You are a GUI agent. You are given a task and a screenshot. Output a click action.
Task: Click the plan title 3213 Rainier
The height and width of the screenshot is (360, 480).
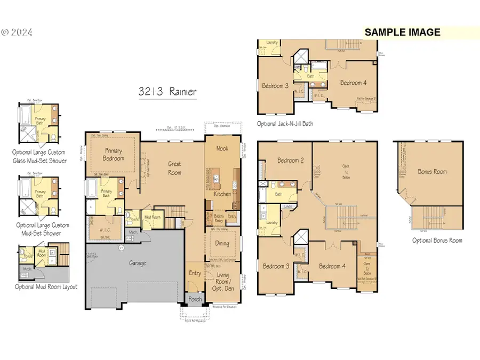pyautogui.click(x=167, y=92)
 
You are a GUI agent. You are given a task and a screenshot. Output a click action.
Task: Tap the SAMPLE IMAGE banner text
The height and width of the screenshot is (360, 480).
pyautogui.click(x=403, y=33)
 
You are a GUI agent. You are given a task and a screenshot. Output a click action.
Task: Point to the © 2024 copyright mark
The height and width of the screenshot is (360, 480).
pyautogui.click(x=17, y=33)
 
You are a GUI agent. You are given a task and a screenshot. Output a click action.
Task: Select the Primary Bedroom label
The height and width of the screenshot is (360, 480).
pyautogui.click(x=113, y=154)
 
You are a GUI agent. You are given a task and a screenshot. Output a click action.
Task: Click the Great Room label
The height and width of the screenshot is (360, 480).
pyautogui.click(x=174, y=169)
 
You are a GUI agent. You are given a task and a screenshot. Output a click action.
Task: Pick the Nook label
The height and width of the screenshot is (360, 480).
pyautogui.click(x=221, y=148)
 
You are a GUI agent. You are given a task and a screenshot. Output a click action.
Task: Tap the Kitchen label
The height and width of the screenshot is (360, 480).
pyautogui.click(x=222, y=194)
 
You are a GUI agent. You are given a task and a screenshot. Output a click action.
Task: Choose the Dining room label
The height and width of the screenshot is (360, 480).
pyautogui.click(x=222, y=243)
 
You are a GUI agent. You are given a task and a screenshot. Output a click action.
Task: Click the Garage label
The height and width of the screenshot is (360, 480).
pyautogui.click(x=137, y=263)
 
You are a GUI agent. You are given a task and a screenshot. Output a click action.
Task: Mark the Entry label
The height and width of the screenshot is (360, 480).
pyautogui.click(x=195, y=273)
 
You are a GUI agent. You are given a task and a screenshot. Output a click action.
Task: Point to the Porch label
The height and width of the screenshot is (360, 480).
pyautogui.click(x=196, y=299)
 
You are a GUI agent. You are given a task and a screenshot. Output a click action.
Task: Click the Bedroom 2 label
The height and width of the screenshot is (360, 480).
pyautogui.click(x=291, y=160)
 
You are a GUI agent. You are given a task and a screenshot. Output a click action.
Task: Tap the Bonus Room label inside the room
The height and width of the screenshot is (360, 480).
pyautogui.click(x=432, y=172)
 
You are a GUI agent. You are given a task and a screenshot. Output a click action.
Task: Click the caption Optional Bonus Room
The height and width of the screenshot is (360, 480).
pyautogui.click(x=437, y=241)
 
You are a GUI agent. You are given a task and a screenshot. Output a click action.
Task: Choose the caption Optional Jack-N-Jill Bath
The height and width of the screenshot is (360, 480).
pyautogui.click(x=285, y=124)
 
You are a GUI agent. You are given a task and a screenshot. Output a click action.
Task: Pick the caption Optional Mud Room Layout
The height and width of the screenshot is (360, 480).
pyautogui.click(x=46, y=287)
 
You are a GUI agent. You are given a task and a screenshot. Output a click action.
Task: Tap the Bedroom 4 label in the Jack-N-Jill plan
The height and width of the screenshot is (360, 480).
pyautogui.click(x=354, y=83)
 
